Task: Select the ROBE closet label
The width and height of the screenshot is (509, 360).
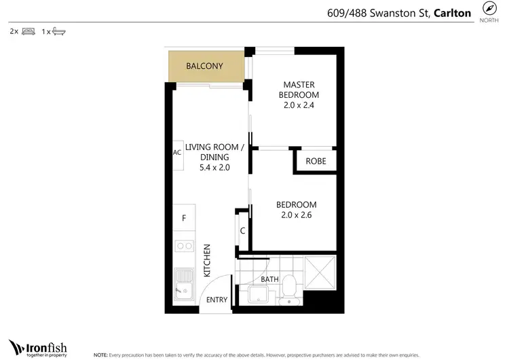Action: (x=316, y=161)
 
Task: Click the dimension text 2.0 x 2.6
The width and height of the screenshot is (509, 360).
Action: (x=296, y=215)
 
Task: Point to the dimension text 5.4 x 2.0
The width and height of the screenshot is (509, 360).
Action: (x=211, y=167)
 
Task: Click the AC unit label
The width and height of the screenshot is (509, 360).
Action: (x=177, y=152)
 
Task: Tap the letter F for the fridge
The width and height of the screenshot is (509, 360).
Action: (x=183, y=218)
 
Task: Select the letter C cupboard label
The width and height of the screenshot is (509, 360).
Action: (x=242, y=231)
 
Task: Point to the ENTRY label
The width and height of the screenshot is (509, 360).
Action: (x=217, y=300)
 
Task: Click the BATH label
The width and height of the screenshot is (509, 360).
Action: (x=269, y=279)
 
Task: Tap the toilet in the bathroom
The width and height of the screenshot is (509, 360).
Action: (x=288, y=288)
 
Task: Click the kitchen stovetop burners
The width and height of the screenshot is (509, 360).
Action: (x=184, y=246)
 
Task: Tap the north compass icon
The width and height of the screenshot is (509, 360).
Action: (x=489, y=8)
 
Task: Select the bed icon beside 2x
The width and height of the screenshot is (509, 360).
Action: (x=28, y=31)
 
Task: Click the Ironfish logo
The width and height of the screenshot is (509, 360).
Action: (x=37, y=346)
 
